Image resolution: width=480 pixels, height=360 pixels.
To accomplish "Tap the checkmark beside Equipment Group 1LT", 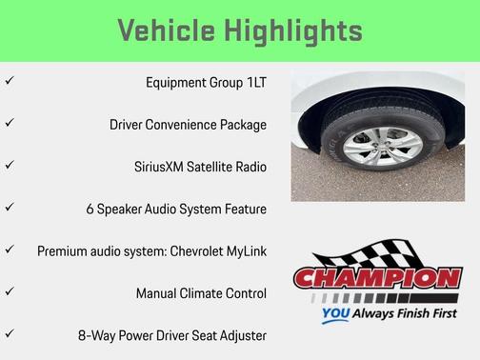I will (x=10, y=82).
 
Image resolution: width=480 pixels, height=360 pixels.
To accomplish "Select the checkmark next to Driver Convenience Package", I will (x=10, y=124).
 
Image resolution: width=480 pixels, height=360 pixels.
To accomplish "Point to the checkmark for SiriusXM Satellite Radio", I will (x=10, y=166).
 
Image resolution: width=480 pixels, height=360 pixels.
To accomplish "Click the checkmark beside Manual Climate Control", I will (x=10, y=292).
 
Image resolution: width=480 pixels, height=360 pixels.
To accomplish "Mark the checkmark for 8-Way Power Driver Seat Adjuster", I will (x=10, y=334).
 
